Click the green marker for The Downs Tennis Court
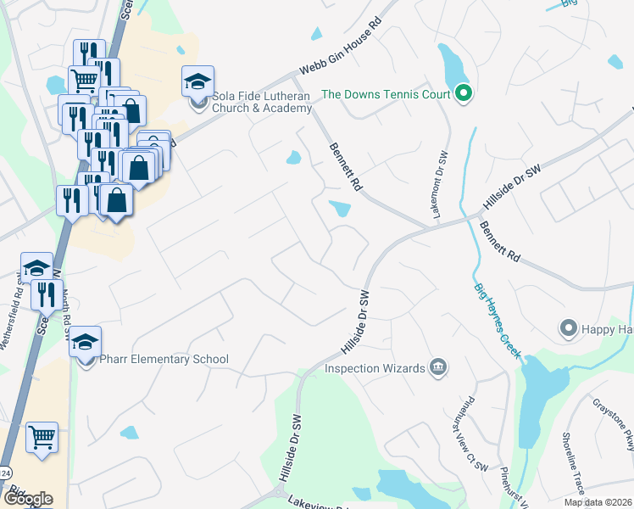[463, 94]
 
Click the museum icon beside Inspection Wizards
[438, 367]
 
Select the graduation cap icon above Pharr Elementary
[85, 343]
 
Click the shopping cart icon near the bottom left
[42, 437]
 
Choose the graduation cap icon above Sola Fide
[197, 82]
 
